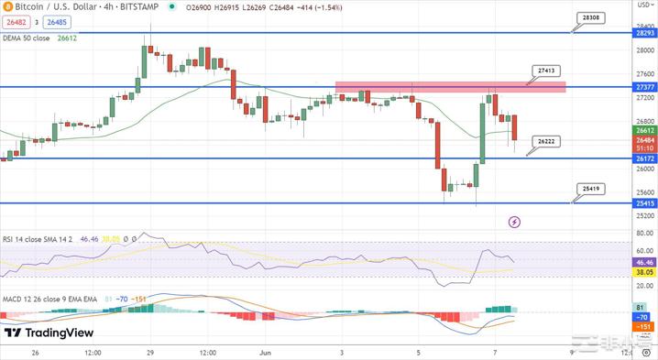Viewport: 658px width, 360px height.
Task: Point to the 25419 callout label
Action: [591, 188]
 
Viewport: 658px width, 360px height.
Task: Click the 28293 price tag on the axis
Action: [644, 33]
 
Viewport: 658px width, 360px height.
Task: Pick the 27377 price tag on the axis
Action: [644, 87]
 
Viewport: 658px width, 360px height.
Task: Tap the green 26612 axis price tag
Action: [644, 130]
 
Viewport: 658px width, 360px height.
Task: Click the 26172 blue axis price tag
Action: [644, 158]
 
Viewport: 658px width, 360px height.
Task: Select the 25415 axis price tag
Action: [644, 202]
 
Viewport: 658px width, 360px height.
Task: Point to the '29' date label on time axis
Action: [148, 352]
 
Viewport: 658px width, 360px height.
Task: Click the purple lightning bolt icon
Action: [514, 222]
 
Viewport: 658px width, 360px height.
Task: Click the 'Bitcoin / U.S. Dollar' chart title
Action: [55, 7]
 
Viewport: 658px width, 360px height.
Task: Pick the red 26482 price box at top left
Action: [16, 23]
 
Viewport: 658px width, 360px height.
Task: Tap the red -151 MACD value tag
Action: [643, 326]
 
